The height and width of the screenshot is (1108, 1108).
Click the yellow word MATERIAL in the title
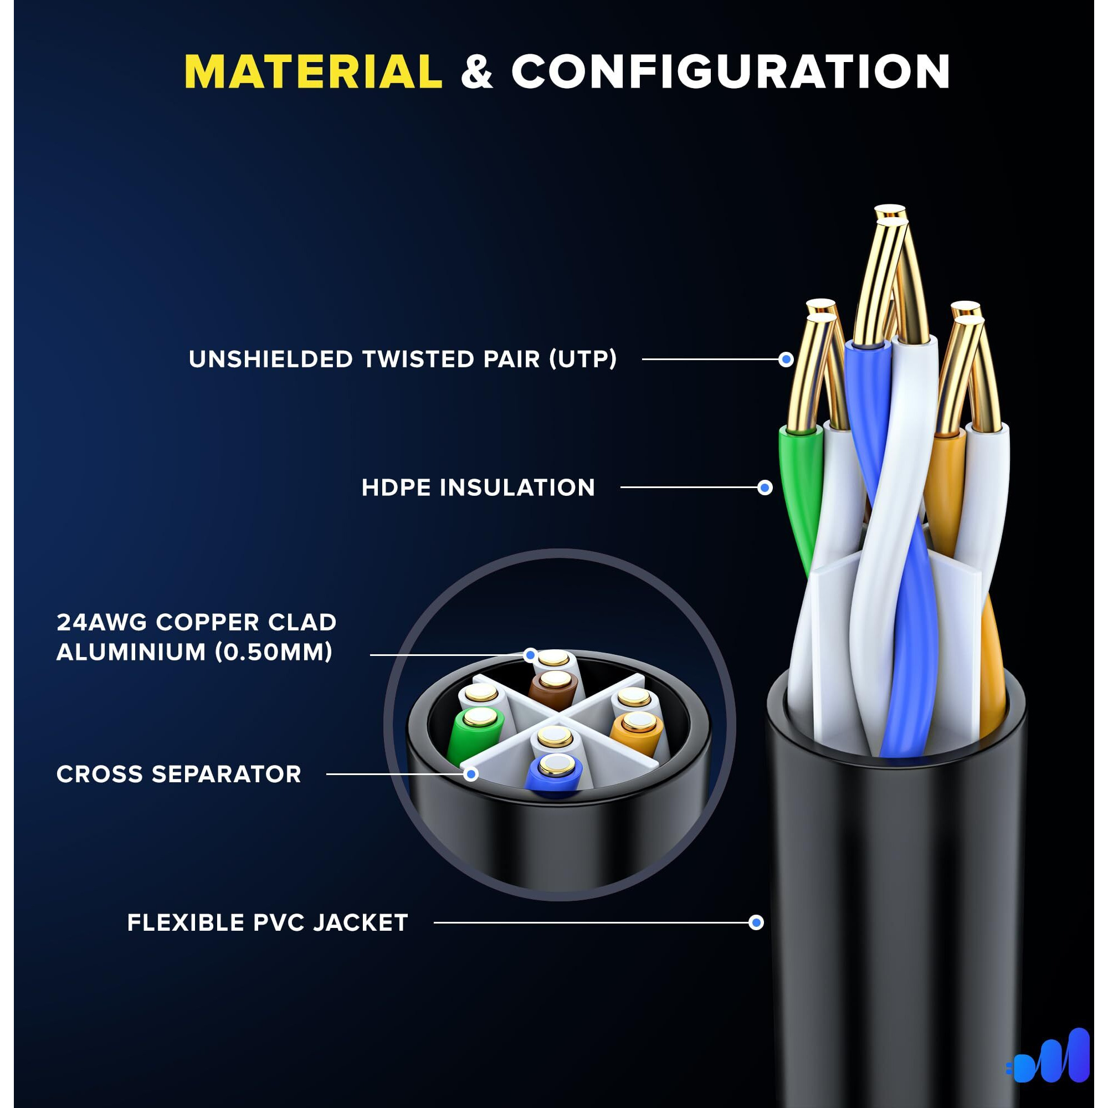(313, 71)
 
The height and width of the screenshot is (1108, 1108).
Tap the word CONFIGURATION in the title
(730, 71)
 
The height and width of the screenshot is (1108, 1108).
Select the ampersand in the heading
(476, 73)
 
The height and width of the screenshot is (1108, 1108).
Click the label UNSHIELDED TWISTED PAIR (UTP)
(403, 360)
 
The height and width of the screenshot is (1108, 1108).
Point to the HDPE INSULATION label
(478, 488)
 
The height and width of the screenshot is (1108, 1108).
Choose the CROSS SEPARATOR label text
(178, 774)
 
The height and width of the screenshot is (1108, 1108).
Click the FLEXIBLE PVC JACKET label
(267, 923)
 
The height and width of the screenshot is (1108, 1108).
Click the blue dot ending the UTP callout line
(786, 360)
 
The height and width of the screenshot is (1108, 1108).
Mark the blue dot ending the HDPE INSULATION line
(765, 488)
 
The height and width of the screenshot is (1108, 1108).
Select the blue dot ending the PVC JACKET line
(756, 923)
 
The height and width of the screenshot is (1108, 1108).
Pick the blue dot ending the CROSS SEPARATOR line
(471, 774)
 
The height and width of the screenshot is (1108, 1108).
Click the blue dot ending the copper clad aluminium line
(531, 654)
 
